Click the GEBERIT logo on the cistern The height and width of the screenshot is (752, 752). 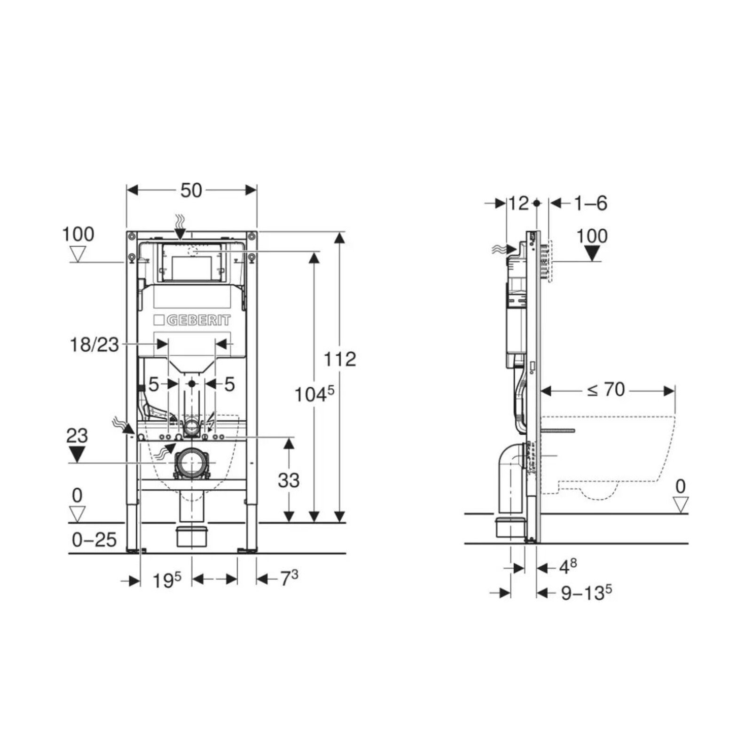[192, 321]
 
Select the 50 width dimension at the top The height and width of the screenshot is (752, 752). [191, 190]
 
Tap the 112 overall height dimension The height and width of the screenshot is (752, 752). [340, 359]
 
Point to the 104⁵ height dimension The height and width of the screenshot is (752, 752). [314, 394]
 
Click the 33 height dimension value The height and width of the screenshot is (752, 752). [289, 480]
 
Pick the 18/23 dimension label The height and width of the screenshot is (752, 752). [94, 345]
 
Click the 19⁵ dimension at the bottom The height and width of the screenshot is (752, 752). [167, 580]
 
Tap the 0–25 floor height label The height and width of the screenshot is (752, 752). [94, 540]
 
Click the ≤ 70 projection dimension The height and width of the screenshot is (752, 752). [606, 390]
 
